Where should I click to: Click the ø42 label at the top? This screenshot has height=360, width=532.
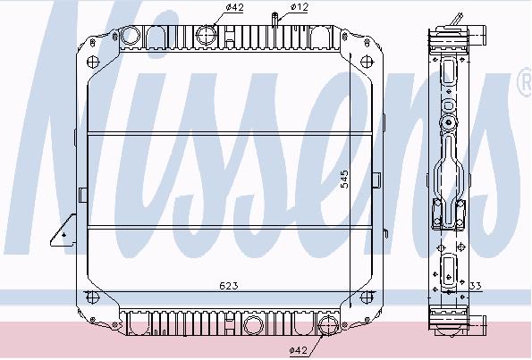[x=235, y=7]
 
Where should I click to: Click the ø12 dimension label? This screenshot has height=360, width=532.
[x=300, y=7]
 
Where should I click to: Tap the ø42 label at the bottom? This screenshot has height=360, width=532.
[x=299, y=350]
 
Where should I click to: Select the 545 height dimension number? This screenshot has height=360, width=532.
[x=344, y=179]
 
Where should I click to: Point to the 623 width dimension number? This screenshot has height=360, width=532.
[x=229, y=286]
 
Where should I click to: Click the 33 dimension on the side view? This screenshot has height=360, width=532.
[x=476, y=286]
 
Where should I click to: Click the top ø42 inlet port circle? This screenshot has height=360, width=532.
[x=206, y=35]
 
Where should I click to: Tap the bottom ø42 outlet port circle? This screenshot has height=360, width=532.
[x=329, y=325]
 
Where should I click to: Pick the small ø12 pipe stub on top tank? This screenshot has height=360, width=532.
[x=275, y=20]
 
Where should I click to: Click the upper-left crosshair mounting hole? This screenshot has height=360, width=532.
[x=93, y=62]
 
